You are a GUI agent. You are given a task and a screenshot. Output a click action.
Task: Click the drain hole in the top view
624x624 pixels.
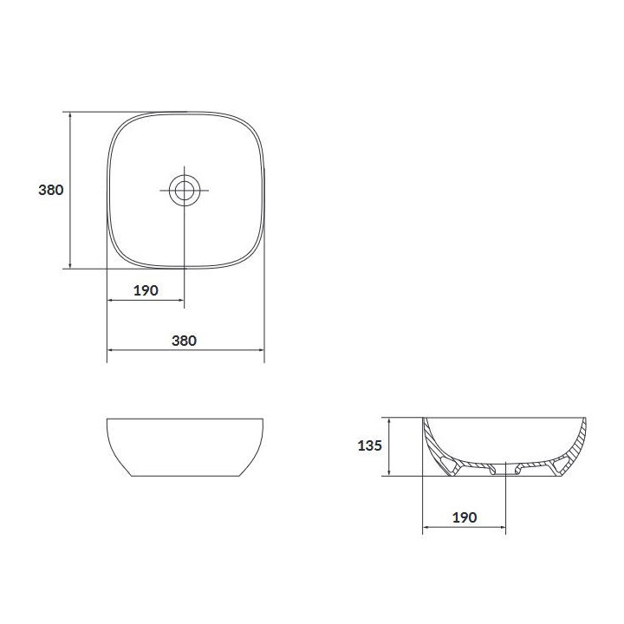185,190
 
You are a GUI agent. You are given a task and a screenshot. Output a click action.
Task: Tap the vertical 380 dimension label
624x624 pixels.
51,190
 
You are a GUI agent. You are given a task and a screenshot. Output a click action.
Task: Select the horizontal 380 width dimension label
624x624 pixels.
185,341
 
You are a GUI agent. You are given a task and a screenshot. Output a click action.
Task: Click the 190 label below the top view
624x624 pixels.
146,290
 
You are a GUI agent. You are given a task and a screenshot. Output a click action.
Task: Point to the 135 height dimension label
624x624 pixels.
370,445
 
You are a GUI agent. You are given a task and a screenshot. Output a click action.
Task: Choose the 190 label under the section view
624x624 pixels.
465,517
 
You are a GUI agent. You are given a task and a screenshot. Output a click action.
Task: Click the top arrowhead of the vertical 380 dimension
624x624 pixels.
70,115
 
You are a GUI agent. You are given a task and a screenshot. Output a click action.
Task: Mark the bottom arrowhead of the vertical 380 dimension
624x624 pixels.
70,265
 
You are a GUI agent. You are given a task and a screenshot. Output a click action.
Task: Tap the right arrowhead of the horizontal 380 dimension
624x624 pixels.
261,350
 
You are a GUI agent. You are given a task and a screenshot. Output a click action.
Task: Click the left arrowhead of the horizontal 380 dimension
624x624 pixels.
111,350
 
